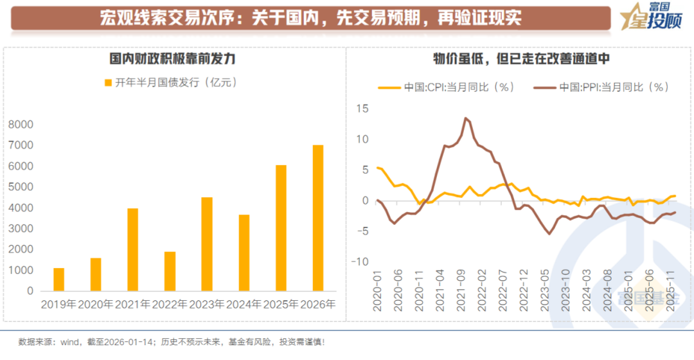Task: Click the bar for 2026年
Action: click(x=318, y=218)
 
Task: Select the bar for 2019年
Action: click(x=58, y=280)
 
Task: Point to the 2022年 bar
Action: click(x=170, y=271)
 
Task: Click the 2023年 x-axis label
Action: click(x=207, y=304)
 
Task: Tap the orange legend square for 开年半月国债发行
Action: click(x=108, y=82)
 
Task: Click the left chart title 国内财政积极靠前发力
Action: click(x=172, y=59)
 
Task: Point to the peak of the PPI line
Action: click(x=465, y=118)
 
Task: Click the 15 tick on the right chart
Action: click(x=363, y=109)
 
